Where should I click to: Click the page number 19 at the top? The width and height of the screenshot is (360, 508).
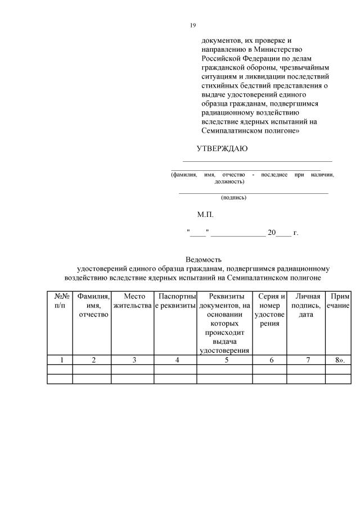(192, 25)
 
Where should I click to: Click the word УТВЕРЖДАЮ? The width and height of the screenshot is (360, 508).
(222, 149)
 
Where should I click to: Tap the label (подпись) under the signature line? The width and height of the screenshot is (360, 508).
(234, 197)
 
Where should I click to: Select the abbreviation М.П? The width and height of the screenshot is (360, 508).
(205, 214)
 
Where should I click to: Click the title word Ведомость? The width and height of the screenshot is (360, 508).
(204, 260)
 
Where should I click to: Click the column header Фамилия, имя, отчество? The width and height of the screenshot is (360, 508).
(93, 305)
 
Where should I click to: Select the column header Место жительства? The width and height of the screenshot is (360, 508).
(133, 301)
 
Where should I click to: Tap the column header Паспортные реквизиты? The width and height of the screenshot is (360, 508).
(175, 301)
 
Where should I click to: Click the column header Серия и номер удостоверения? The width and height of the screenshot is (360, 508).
(270, 310)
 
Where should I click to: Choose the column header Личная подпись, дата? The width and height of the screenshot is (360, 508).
(308, 305)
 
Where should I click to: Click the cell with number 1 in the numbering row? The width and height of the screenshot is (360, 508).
(60, 360)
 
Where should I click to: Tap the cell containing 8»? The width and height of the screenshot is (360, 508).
(339, 360)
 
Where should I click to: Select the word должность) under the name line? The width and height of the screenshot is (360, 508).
(229, 182)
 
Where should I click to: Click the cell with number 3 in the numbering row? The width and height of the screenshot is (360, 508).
(133, 360)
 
